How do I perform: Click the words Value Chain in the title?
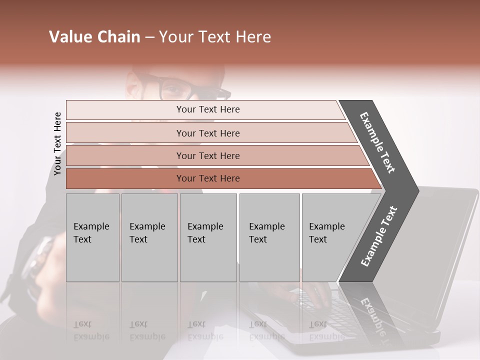tap(94, 37)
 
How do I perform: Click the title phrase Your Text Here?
tap(215, 37)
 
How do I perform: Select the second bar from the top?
tap(207, 133)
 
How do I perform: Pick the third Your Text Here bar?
tap(207, 155)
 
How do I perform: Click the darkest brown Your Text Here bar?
tap(207, 178)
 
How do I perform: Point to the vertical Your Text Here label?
tap(57, 143)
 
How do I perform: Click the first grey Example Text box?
tap(92, 237)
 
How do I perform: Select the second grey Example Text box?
tap(149, 237)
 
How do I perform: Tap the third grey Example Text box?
tap(208, 237)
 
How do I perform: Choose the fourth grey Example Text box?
tap(269, 237)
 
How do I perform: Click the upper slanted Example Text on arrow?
tap(378, 142)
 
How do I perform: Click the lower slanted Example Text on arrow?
tap(378, 236)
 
